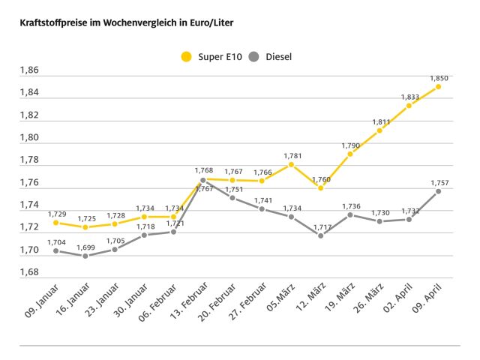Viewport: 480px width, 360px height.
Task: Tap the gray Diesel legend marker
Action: coord(253,55)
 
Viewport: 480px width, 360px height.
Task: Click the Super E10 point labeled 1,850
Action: coord(439,86)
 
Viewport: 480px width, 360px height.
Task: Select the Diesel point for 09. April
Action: coord(439,190)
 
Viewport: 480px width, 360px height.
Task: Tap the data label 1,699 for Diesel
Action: coord(85,246)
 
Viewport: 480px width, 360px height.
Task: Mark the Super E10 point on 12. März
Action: coord(321,187)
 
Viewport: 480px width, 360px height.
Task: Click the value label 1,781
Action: coord(292,155)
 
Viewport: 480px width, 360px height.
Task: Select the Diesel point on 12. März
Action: coord(321,235)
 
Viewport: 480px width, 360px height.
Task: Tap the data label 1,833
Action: coord(409,97)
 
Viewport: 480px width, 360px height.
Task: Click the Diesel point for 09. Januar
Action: coord(56,250)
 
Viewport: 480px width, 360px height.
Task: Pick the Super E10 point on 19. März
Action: coord(350,154)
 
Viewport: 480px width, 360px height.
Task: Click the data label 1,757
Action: coord(439,181)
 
